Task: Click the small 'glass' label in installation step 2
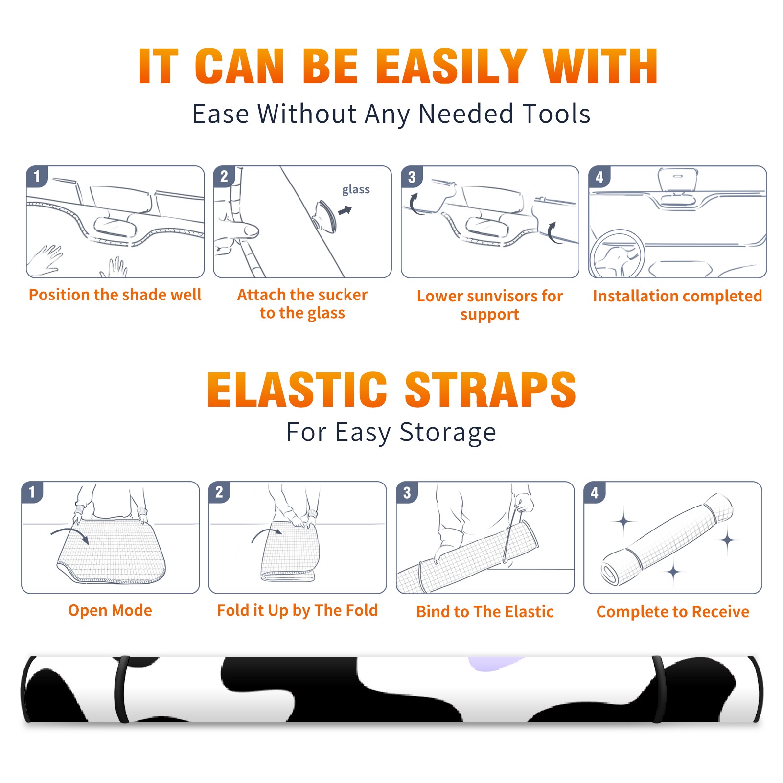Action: click(x=356, y=190)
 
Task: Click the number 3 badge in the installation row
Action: click(x=412, y=177)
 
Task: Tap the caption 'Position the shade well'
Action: click(x=115, y=295)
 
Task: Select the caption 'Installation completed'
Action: click(x=677, y=296)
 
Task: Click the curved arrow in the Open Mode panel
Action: click(x=70, y=534)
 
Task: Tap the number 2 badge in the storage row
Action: click(x=219, y=492)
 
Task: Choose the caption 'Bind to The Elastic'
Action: click(x=485, y=612)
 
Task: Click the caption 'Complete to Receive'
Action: click(x=673, y=612)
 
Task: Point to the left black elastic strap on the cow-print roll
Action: click(x=121, y=689)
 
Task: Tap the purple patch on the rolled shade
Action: click(x=494, y=663)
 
